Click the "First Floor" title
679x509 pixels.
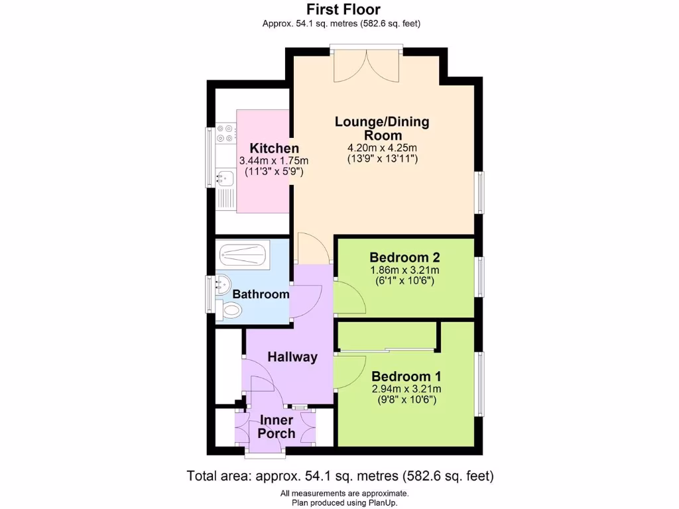tap(343, 9)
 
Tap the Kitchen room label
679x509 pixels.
tap(274, 148)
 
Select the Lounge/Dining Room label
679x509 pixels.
tap(382, 128)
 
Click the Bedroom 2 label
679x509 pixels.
tap(404, 257)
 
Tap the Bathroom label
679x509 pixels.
tap(261, 294)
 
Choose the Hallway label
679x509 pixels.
tap(292, 357)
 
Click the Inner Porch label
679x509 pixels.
tap(277, 427)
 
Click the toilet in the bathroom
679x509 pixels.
tap(232, 310)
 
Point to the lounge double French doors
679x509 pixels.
tap(366, 63)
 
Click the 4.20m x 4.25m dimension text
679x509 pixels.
tap(382, 147)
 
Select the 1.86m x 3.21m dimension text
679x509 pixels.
tap(404, 270)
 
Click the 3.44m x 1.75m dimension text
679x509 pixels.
tap(274, 161)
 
